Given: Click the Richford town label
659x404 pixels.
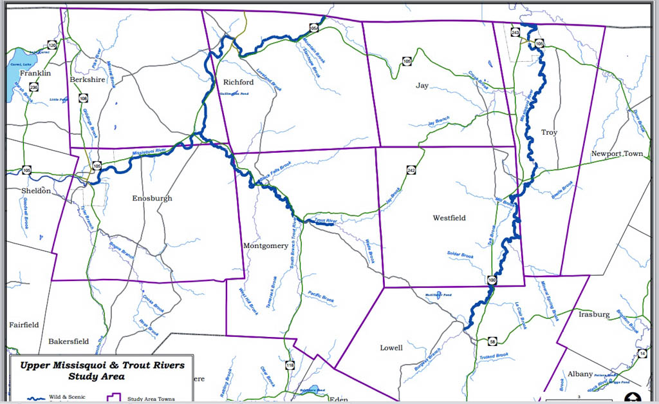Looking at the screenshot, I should click(x=238, y=82).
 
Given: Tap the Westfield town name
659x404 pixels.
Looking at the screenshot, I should click(x=449, y=218).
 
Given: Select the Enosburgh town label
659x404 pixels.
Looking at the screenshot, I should click(x=152, y=198).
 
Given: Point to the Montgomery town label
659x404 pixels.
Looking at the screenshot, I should click(x=266, y=245).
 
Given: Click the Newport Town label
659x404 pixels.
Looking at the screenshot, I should click(x=617, y=154).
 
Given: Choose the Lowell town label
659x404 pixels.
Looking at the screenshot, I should click(x=391, y=347).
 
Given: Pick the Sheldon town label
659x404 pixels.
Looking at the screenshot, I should click(x=35, y=191).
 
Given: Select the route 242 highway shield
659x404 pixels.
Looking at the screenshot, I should click(x=411, y=170).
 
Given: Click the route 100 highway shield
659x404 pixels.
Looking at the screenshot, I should click(x=492, y=280).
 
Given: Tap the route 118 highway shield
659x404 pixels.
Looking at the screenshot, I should click(x=290, y=365).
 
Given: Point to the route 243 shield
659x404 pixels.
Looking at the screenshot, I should click(x=515, y=32).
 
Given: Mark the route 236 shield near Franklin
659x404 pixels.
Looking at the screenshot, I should click(x=33, y=87).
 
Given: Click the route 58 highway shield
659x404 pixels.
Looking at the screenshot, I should click(x=492, y=341).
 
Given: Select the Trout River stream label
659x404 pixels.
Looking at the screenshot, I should click(x=326, y=222).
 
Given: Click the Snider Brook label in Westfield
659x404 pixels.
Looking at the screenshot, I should click(x=460, y=255).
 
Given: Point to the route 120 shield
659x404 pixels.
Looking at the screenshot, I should click(x=52, y=45).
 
